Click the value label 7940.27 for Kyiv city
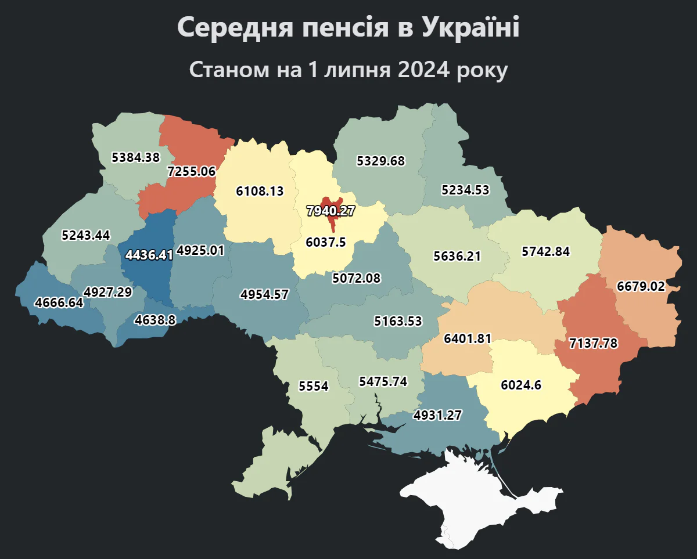click(x=330, y=211)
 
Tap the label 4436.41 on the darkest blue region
click(x=149, y=255)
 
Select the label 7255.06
click(x=191, y=171)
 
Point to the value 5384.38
click(x=135, y=157)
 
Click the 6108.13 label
click(x=260, y=191)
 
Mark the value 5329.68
click(x=380, y=161)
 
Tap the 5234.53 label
click(x=465, y=190)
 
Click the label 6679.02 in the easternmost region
click(x=641, y=287)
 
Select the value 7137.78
click(x=594, y=343)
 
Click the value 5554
click(x=314, y=386)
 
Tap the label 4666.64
click(x=59, y=302)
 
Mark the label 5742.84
click(x=545, y=252)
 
